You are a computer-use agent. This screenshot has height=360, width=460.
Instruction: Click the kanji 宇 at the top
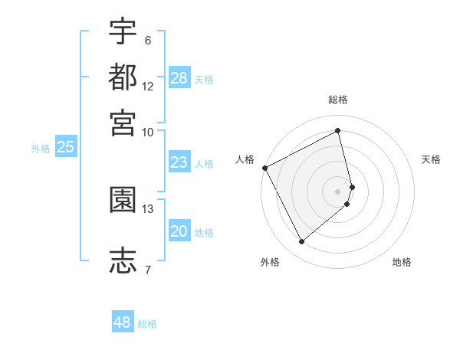[123, 31]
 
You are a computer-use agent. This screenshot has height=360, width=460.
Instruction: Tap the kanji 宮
[123, 123]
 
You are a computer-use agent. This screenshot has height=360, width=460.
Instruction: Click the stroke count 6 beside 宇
[148, 40]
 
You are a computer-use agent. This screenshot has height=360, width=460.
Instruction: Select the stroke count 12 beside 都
[148, 86]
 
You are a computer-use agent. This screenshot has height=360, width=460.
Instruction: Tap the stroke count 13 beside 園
[148, 208]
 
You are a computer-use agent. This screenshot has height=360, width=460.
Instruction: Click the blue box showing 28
[179, 77]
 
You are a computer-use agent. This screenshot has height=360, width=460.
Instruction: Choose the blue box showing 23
[179, 162]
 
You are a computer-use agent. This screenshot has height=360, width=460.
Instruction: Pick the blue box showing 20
[179, 231]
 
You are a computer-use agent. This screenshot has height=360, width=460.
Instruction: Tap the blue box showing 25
[66, 147]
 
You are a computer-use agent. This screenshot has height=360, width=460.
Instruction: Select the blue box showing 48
[123, 322]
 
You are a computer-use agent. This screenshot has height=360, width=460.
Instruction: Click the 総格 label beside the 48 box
[147, 324]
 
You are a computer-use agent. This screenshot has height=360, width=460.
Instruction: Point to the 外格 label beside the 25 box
[41, 149]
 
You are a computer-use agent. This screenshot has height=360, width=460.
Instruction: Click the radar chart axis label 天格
[432, 159]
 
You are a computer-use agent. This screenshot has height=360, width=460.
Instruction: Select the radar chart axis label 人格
[245, 159]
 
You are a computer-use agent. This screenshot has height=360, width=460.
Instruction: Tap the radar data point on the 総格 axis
[338, 130]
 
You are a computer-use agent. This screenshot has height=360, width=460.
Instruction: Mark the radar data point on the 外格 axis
[301, 242]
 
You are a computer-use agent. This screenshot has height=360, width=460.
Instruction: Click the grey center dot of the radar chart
[338, 191]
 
